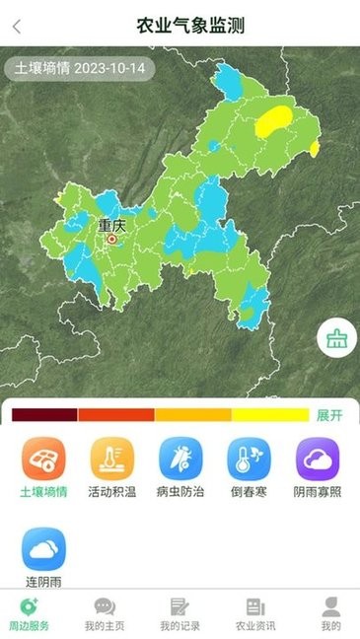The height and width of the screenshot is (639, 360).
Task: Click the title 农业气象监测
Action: [x=190, y=26]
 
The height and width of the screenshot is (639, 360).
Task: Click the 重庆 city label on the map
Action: [x=112, y=226]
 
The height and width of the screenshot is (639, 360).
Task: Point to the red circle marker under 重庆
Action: [x=111, y=239]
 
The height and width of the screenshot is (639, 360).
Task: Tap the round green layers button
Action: [x=336, y=339]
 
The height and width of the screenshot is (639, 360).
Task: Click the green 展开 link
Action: [x=329, y=415]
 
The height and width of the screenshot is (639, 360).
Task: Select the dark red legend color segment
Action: [x=43, y=415]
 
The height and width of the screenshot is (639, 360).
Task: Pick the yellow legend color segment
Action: [x=270, y=415]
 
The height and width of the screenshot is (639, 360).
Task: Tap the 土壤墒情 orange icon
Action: [x=44, y=460]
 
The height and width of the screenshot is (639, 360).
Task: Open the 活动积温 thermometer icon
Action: [x=112, y=460]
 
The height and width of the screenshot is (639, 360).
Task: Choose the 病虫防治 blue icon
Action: [x=181, y=460]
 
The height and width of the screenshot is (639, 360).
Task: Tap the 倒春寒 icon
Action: [x=250, y=460]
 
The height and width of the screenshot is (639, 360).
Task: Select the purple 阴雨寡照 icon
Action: [x=319, y=460]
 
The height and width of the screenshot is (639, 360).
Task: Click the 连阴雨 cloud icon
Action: [x=44, y=549]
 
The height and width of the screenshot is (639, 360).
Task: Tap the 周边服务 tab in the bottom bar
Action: [x=28, y=612]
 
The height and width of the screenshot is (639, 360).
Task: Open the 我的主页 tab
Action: [x=104, y=612]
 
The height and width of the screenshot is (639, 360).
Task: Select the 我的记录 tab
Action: [x=180, y=612]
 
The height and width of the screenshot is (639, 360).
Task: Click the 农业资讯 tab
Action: [x=255, y=612]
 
